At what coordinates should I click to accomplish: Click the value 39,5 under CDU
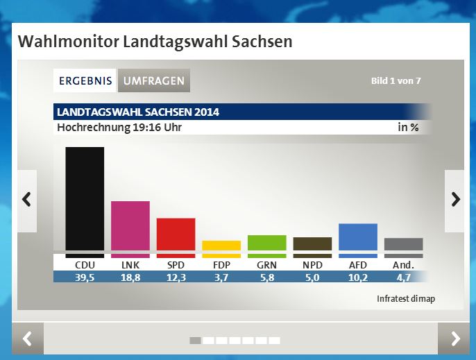pos(85,277)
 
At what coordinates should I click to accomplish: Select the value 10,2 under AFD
pos(357,277)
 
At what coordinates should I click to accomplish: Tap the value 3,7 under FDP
pos(221,277)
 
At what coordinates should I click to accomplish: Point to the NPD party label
pos(312,265)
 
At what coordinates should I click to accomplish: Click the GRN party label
pos(266,265)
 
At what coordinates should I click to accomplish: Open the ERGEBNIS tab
pos(85,80)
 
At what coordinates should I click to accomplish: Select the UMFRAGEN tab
pos(154,80)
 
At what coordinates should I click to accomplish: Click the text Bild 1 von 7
pos(396,81)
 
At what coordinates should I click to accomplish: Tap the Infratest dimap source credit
pos(406,299)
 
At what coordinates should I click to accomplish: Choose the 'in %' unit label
pos(408,128)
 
